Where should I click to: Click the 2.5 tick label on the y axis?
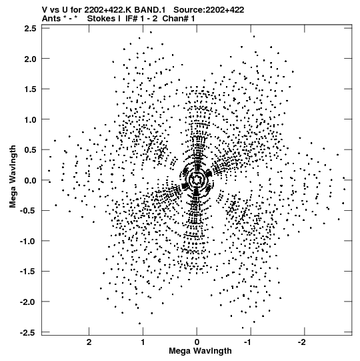tap(31, 28)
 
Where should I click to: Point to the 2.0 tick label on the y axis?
tap(31, 59)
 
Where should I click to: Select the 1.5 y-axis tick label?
tap(31, 89)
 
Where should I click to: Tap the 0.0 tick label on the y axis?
tap(31, 180)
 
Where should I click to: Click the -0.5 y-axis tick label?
tap(28, 211)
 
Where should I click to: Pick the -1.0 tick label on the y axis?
tap(28, 241)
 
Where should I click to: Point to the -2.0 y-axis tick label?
tap(28, 302)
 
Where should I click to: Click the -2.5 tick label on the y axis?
tap(28, 333)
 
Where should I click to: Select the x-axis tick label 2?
tap(89, 342)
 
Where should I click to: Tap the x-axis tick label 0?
tap(197, 342)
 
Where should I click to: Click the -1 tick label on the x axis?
tap(249, 342)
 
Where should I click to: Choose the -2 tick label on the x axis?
tap(302, 342)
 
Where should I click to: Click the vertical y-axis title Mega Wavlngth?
tap(13, 177)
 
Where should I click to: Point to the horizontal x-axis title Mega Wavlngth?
tap(200, 351)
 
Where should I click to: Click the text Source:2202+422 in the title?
tap(209, 10)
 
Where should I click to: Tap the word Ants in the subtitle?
tap(51, 19)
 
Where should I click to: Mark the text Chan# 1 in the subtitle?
tap(179, 19)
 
